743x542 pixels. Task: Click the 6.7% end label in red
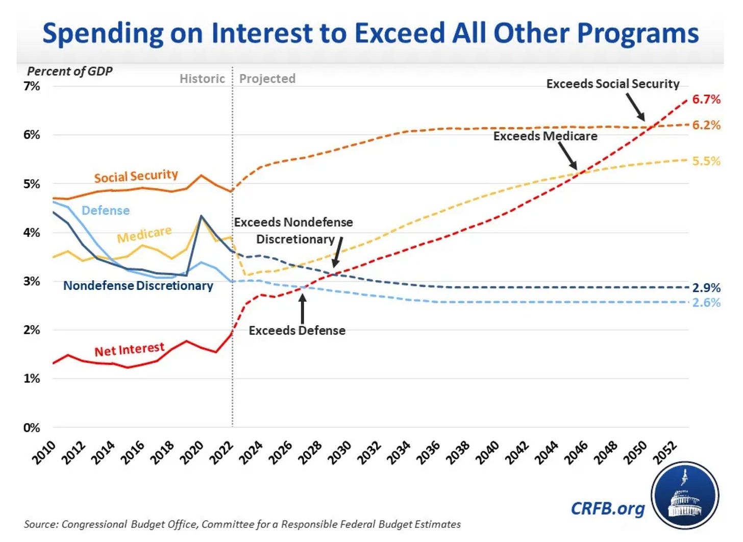706,99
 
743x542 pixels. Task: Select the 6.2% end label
706,125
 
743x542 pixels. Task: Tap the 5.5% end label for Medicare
706,161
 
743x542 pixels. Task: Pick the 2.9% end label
706,288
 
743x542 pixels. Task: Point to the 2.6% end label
706,303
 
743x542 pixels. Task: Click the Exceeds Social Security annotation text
612,84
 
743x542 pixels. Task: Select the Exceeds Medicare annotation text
545,136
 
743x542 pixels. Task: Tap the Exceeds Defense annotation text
297,331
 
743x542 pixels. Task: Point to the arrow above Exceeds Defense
303,308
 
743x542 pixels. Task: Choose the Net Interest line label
129,350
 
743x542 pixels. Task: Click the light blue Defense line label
106,210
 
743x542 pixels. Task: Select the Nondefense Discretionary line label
138,286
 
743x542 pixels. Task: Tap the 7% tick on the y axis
32,86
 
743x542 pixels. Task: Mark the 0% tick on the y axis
32,428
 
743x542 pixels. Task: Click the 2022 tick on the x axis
221,453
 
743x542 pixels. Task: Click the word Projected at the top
267,79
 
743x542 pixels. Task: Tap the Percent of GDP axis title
70,71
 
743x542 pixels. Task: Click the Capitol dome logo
684,497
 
